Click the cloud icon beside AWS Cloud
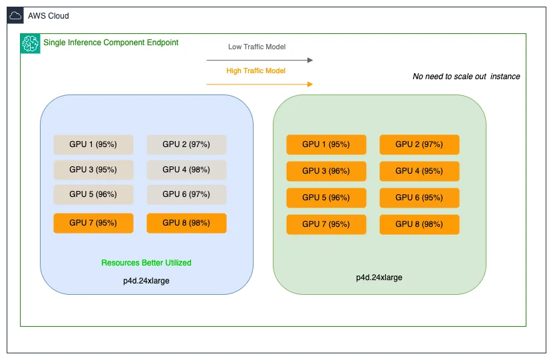coord(15,15)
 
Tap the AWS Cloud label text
coord(49,16)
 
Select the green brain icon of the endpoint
coord(31,43)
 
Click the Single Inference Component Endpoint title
coord(110,43)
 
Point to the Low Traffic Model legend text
coord(257,47)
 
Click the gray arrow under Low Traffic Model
coord(260,61)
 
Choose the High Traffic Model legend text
coord(256,71)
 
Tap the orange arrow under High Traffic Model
coord(260,85)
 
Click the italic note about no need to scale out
coord(466,77)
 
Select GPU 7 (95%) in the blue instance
coord(93,223)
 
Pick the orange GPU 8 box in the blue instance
coord(186,223)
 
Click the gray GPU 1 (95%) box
coord(93,144)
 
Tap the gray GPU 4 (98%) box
coord(186,170)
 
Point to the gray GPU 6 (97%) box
coord(186,194)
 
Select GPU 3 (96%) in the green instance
coord(326,171)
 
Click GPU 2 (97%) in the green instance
coord(419,144)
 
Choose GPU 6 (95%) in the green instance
coord(419,198)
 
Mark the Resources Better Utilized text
coord(146,263)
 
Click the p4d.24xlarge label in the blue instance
coord(146,281)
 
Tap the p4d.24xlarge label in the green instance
coord(379,277)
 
